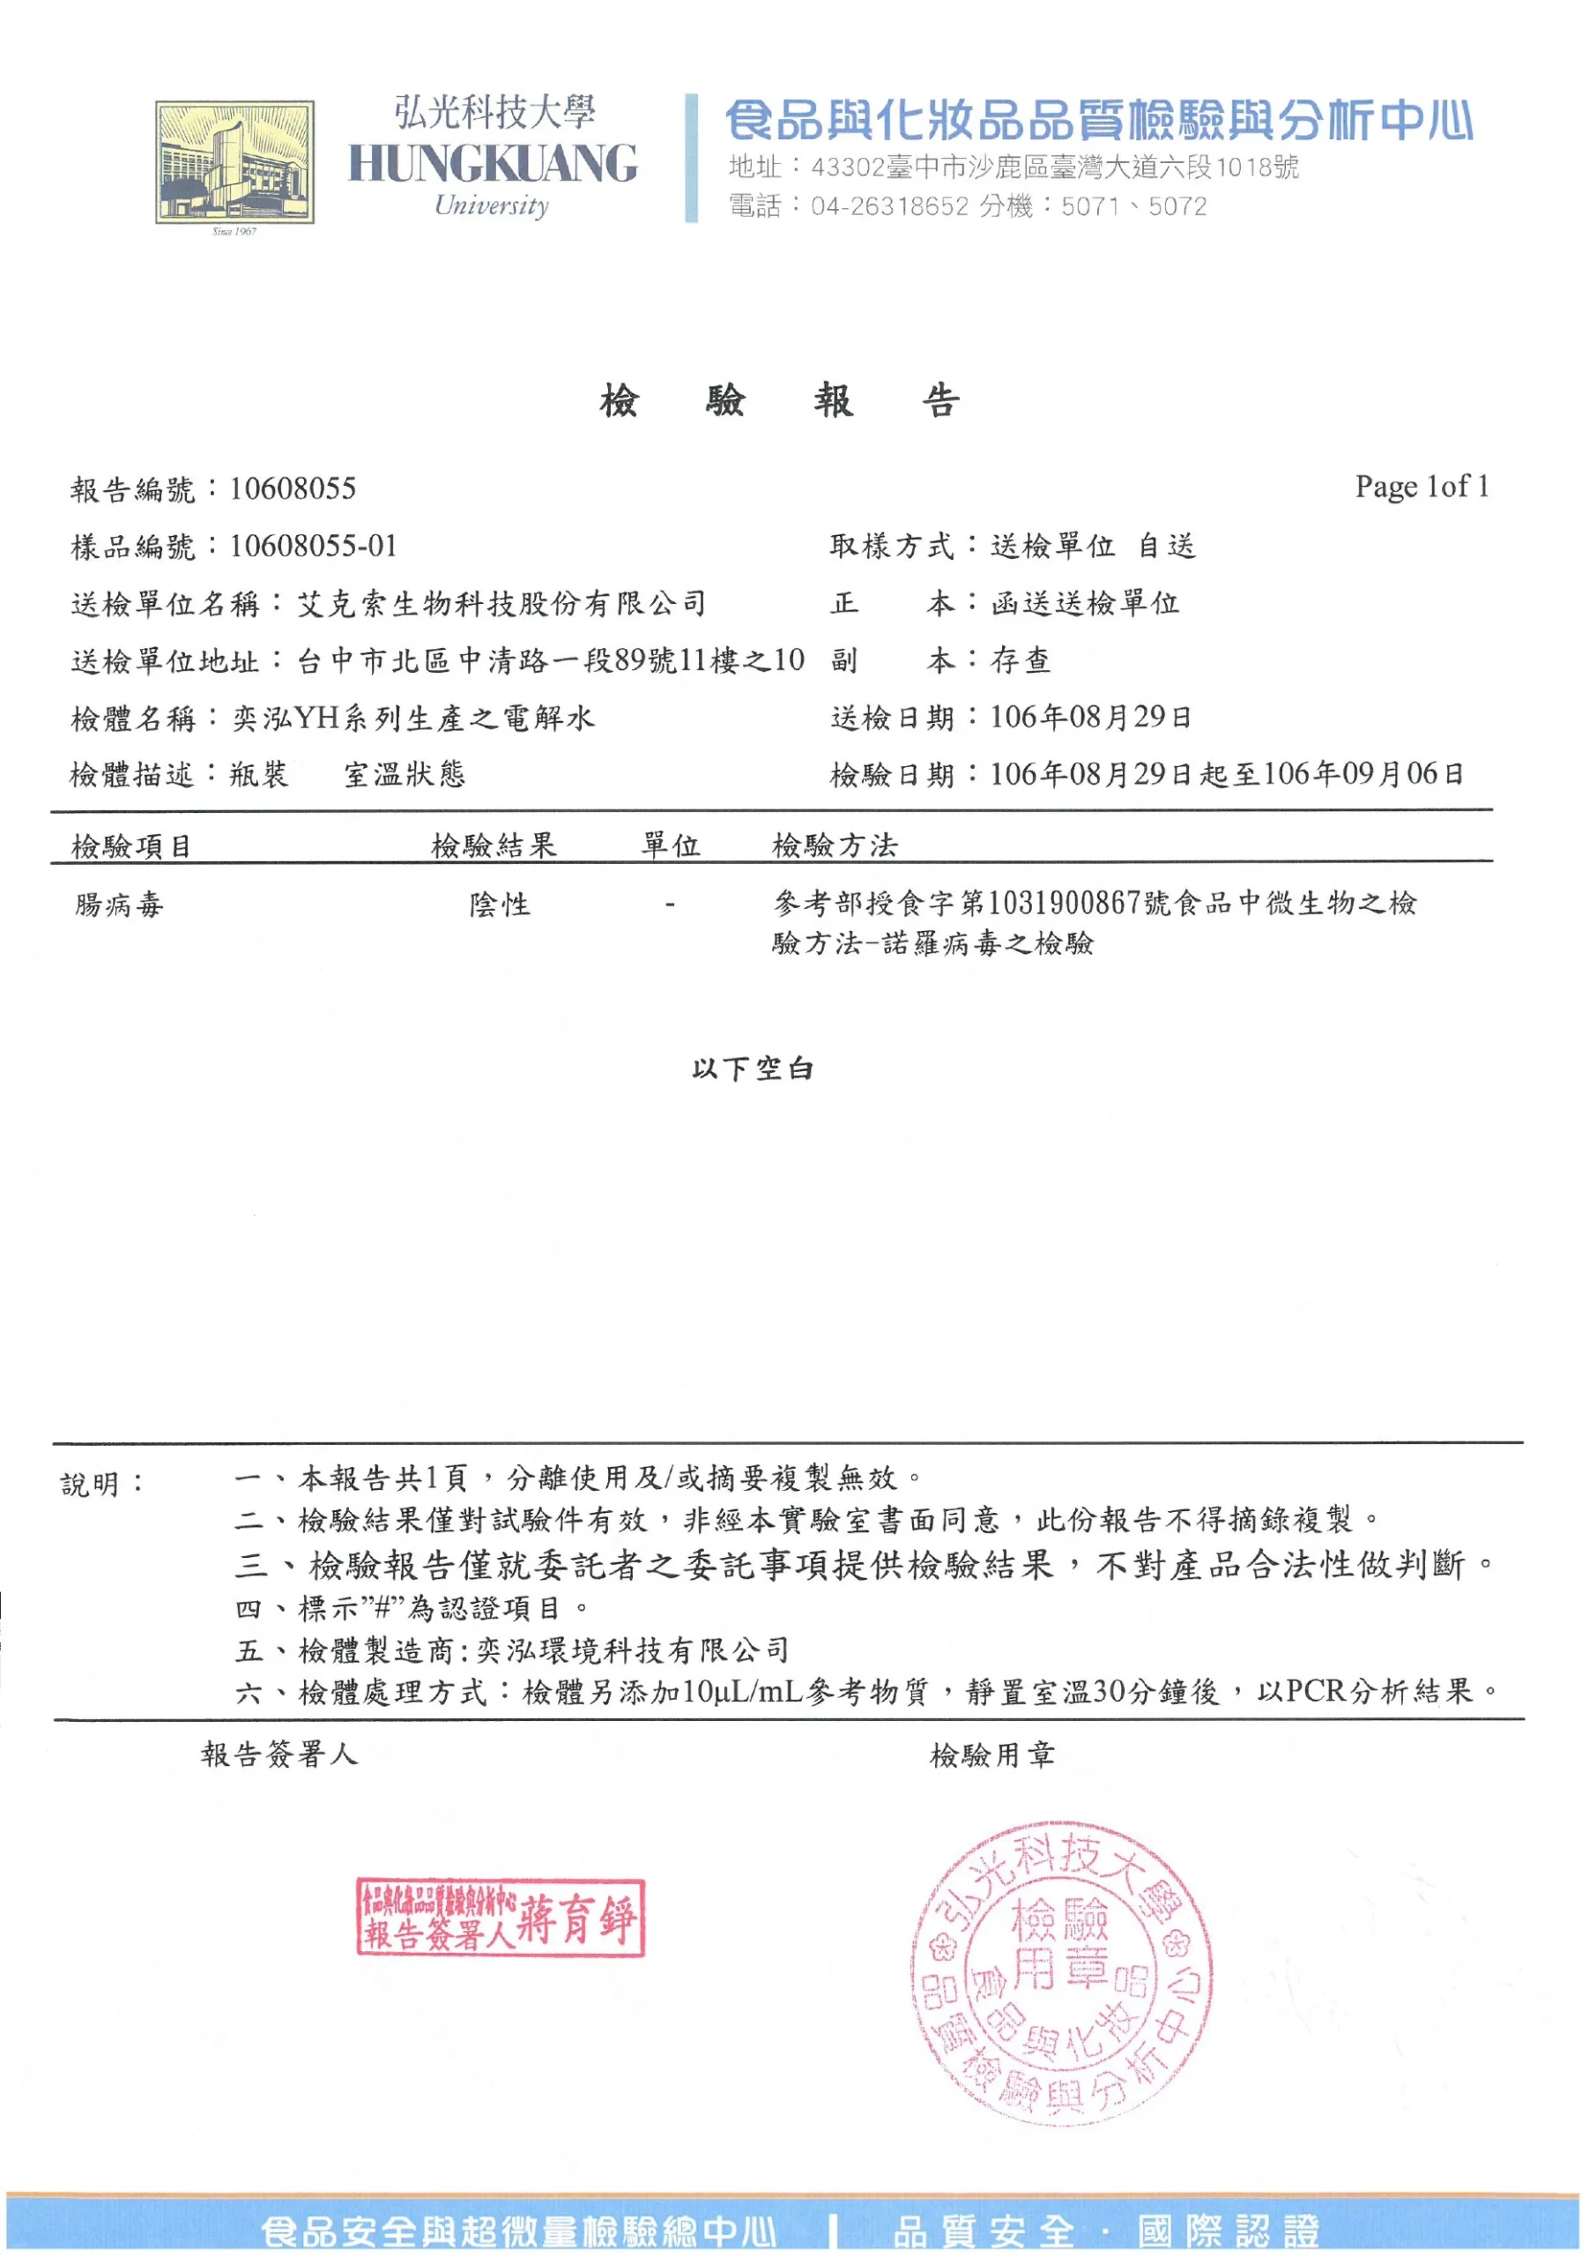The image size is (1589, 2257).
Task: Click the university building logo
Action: [x=234, y=162]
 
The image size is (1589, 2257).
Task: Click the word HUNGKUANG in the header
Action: [x=493, y=163]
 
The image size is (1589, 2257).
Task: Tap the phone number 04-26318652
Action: [x=889, y=206]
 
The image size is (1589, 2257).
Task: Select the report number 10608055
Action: [x=293, y=489]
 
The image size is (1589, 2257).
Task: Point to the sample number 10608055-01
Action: [x=314, y=547]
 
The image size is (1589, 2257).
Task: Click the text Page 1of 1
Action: [x=1421, y=487]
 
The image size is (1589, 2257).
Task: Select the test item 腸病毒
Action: [x=119, y=905]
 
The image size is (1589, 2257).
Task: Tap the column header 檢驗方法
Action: [x=835, y=845]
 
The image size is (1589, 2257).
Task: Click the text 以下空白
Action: [x=753, y=1069]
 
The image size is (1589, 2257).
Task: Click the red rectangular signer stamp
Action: [x=501, y=1918]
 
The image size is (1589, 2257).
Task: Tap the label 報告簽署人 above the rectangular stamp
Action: [x=280, y=1754]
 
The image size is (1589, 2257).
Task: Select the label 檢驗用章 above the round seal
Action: [x=992, y=1755]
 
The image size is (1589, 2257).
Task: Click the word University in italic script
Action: [x=492, y=205]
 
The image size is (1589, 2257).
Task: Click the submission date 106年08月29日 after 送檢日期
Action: [x=1091, y=718]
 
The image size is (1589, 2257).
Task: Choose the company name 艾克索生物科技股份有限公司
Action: [x=501, y=604]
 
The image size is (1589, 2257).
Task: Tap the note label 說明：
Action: [x=103, y=1485]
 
